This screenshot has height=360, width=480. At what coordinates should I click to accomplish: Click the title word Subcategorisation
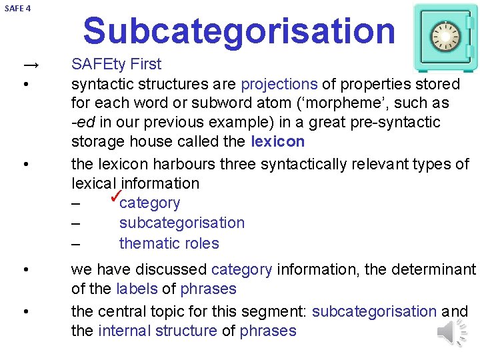[x=239, y=31]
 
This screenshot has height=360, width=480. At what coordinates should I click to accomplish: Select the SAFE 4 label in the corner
[x=17, y=9]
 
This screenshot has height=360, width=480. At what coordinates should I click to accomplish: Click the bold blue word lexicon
[x=278, y=142]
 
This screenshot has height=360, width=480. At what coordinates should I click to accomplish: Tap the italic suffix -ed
[x=83, y=123]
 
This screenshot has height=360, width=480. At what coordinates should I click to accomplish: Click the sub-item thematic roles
[x=169, y=243]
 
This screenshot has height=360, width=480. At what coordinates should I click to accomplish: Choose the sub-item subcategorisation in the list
[x=181, y=223]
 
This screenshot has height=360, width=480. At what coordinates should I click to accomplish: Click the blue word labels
[x=136, y=289]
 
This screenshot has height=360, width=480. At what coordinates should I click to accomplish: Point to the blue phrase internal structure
[x=157, y=331]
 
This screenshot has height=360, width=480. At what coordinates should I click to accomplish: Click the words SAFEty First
[x=116, y=65]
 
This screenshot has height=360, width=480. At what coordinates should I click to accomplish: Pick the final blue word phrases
[x=268, y=331]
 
